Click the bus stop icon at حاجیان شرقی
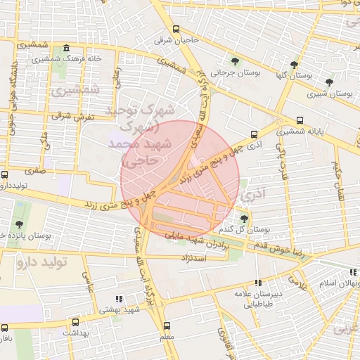[x=175, y=30]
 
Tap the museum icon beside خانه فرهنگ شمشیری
[x=66, y=49]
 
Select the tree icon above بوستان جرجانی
[x=235, y=60]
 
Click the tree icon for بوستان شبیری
[x=329, y=82]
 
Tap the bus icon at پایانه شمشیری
[x=300, y=120]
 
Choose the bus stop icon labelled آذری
[x=254, y=134]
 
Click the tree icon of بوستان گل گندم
[x=245, y=218]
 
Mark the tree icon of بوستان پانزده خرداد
[x=19, y=205]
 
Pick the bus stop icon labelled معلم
[x=167, y=326]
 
